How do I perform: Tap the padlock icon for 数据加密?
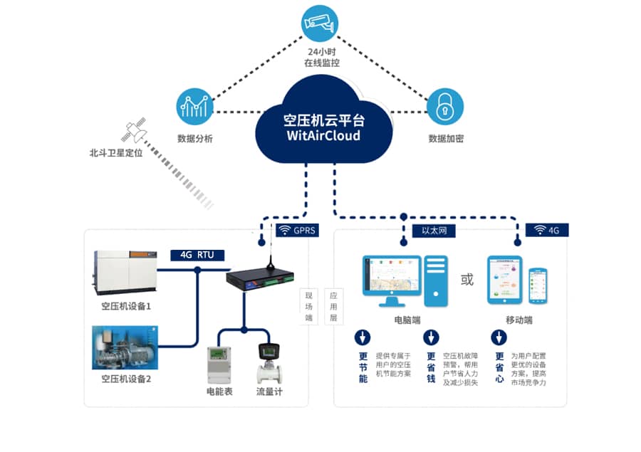(445, 107)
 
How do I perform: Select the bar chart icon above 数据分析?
(194, 107)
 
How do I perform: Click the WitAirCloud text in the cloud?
(323, 135)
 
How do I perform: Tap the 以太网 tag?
(434, 230)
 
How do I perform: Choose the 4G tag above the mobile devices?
(547, 230)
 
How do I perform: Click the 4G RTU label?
(197, 254)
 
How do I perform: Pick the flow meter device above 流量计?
(270, 364)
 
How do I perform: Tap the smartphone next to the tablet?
(539, 285)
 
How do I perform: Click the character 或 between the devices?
(467, 280)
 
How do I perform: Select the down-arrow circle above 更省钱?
(431, 337)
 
